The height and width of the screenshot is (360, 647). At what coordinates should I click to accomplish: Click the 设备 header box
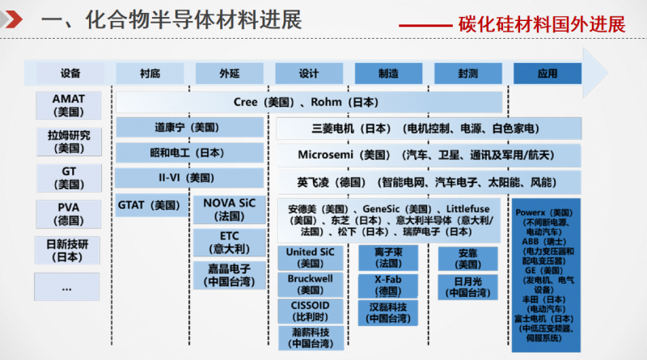[x=70, y=74]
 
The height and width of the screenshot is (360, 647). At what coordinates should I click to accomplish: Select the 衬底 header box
[x=150, y=74]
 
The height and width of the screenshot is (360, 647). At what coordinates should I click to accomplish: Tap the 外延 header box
[x=229, y=74]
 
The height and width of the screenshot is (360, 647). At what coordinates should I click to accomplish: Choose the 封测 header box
[x=467, y=74]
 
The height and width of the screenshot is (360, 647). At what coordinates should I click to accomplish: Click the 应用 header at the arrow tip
[x=548, y=74]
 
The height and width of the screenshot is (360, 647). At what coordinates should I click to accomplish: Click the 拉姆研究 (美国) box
[x=70, y=142]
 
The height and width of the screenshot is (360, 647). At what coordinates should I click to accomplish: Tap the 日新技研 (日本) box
[x=70, y=250]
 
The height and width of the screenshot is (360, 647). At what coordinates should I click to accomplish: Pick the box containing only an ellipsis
[x=68, y=286]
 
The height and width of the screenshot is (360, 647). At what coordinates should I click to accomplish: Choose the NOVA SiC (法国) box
[x=229, y=210]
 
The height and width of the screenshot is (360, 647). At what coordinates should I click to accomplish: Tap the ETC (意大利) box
[x=229, y=242]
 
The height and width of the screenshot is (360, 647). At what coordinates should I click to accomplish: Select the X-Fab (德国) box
[x=388, y=285]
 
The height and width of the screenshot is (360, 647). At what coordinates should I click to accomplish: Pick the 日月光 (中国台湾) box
[x=467, y=287]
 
